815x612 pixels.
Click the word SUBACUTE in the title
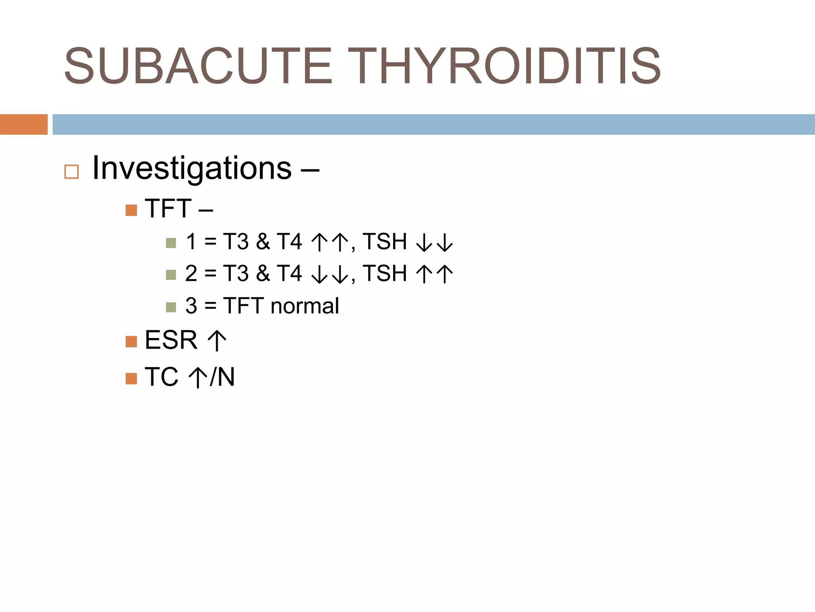(198, 66)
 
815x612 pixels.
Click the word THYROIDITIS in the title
(506, 66)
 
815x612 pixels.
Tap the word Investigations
(192, 168)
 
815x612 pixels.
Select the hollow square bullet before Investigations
(72, 172)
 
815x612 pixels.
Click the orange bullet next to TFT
(131, 210)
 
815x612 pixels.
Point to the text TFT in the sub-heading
(168, 208)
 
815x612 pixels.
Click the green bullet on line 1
(171, 243)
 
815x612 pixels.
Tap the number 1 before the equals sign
(191, 241)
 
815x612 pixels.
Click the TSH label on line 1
(384, 241)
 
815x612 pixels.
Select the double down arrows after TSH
(434, 243)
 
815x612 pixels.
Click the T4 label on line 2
(289, 274)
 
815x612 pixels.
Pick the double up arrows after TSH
(434, 275)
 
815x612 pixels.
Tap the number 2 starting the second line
(191, 274)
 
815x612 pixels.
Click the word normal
(304, 306)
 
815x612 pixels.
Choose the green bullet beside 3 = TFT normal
(171, 307)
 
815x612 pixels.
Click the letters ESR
(171, 340)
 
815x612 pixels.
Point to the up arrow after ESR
(217, 341)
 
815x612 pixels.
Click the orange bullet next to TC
(131, 379)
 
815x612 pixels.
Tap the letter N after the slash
(226, 377)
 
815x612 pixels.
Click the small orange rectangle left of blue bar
(23, 124)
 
